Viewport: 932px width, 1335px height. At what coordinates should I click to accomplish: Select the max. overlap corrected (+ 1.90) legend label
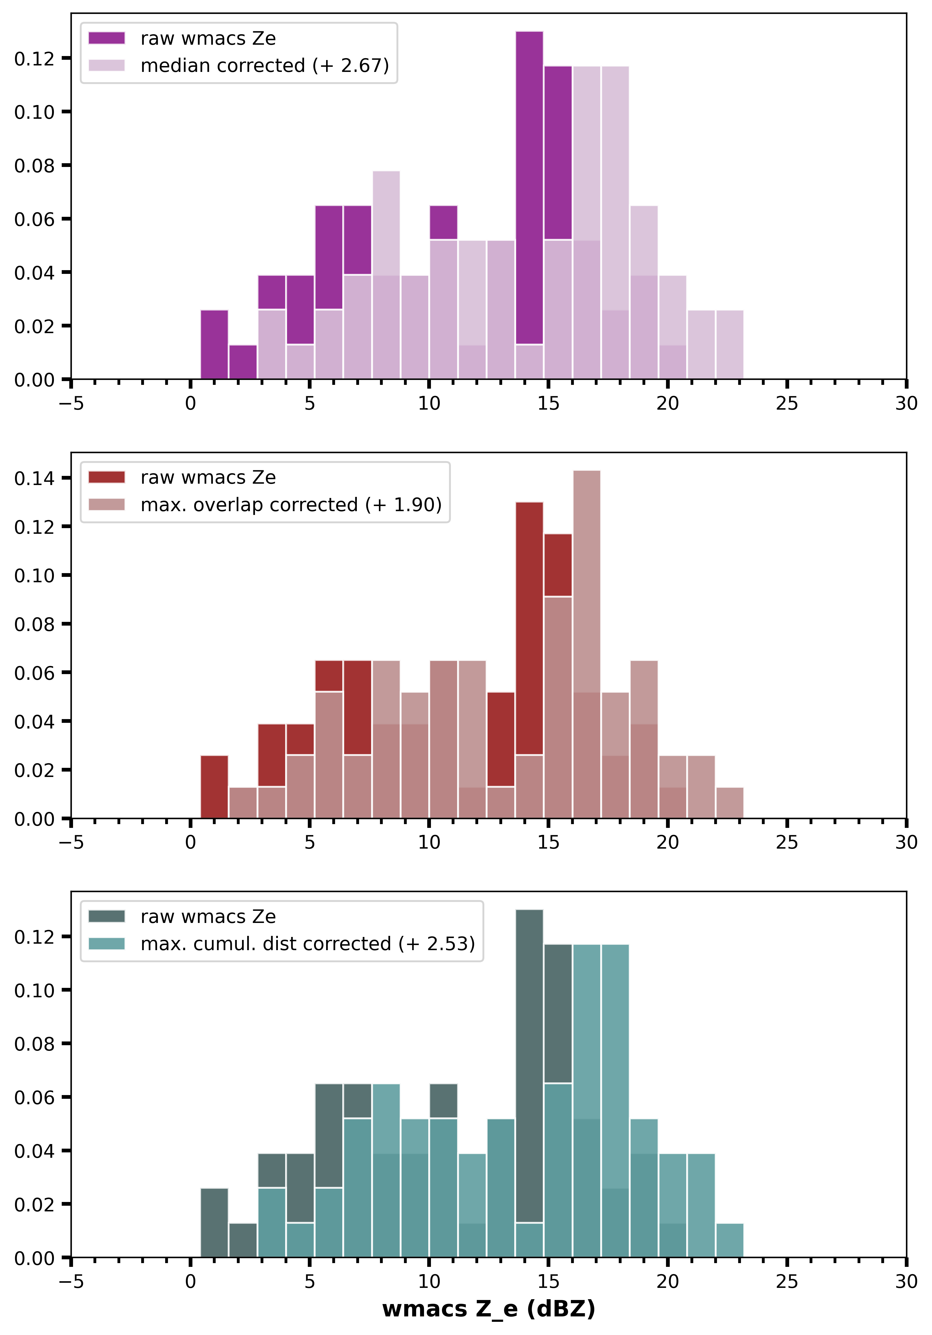pos(291,505)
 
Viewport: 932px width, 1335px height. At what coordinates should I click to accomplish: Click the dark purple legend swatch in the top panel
pos(106,38)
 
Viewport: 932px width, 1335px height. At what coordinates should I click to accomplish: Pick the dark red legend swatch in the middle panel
pos(106,477)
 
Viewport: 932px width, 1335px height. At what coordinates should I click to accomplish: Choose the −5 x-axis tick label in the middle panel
pos(71,842)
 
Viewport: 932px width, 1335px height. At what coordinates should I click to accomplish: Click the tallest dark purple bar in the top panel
pos(529,186)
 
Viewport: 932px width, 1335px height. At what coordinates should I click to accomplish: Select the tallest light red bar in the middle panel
pos(586,581)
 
